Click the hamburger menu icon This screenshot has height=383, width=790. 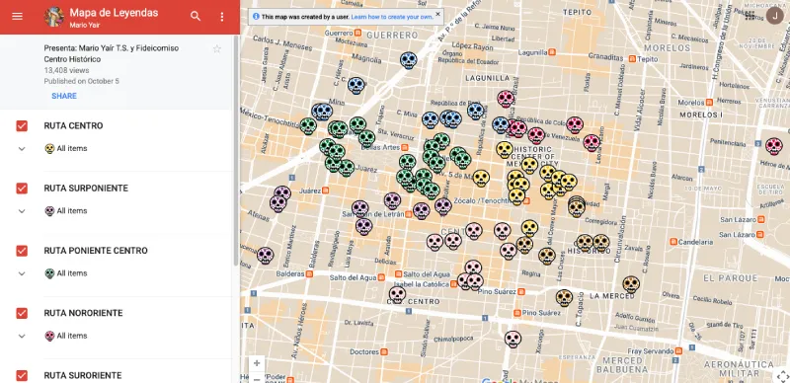tap(17, 17)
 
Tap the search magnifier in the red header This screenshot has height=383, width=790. tap(196, 17)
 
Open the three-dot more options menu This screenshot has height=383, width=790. tap(222, 17)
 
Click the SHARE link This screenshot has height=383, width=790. tap(64, 96)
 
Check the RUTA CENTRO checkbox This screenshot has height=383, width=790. tap(22, 126)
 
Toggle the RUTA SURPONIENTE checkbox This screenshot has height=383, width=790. tap(22, 188)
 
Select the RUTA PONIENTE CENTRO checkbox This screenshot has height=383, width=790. tap(22, 251)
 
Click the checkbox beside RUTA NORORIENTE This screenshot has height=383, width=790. tap(22, 313)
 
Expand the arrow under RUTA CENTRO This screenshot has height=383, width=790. tap(22, 148)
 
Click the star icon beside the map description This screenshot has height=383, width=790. tap(217, 48)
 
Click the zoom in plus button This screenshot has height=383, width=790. tap(258, 363)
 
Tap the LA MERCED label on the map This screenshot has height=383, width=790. tap(615, 295)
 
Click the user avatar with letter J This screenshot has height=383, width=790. tap(776, 16)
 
